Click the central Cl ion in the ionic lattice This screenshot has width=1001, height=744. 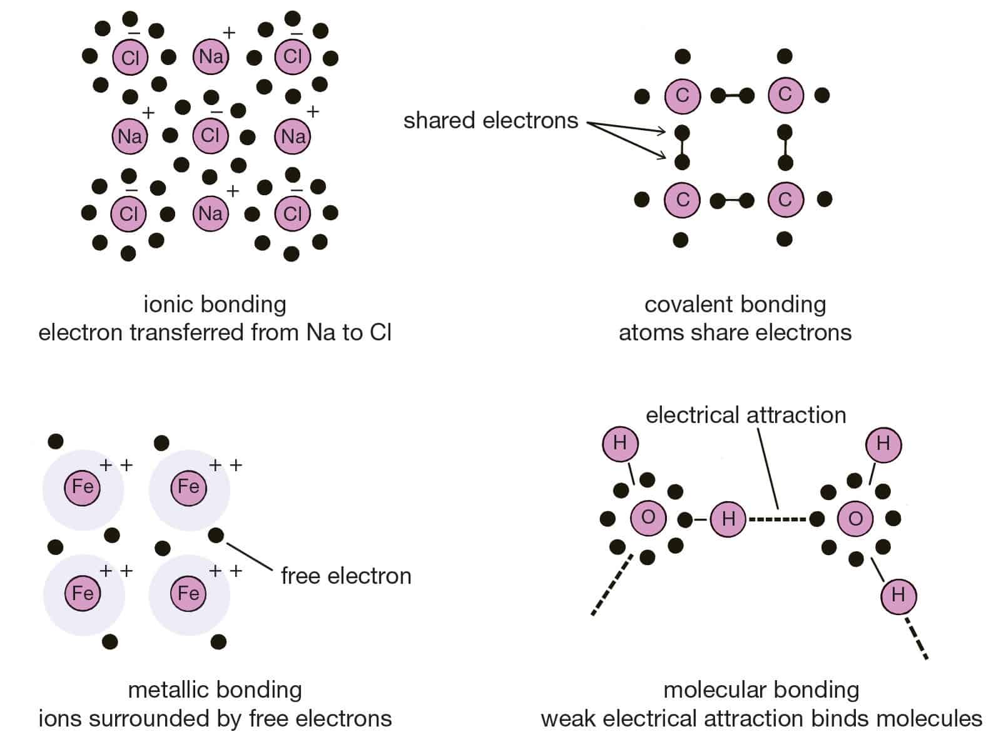click(210, 135)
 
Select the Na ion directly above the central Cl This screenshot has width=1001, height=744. click(211, 57)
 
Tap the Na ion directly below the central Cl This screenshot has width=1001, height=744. click(211, 214)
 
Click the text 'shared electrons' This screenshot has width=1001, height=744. click(490, 120)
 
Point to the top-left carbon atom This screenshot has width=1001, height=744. click(682, 96)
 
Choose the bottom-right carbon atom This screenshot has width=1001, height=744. click(785, 200)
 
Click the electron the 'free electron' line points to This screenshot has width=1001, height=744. click(216, 536)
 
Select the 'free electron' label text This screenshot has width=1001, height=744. click(346, 576)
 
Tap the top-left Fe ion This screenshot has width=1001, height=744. click(83, 487)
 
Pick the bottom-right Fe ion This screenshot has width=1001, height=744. click(188, 593)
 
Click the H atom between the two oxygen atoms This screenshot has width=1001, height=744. click(728, 519)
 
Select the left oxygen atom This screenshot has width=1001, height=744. click(648, 517)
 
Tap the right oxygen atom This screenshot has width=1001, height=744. click(855, 519)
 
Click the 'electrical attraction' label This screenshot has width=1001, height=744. click(746, 415)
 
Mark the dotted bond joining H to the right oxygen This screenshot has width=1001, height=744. click(778, 519)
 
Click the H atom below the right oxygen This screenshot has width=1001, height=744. click(898, 594)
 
